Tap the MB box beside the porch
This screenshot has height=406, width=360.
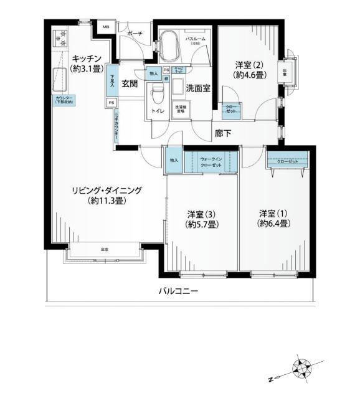tap(105, 28)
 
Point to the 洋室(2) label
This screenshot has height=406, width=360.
tap(248, 64)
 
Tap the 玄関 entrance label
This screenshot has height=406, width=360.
tap(130, 83)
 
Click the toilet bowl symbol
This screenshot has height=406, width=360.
tap(157, 95)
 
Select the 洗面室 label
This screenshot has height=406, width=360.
tap(197, 88)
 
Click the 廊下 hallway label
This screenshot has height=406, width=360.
tap(224, 132)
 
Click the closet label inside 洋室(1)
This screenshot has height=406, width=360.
tap(287, 160)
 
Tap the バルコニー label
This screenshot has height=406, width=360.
tap(179, 291)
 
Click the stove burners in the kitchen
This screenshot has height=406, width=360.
tap(60, 39)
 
